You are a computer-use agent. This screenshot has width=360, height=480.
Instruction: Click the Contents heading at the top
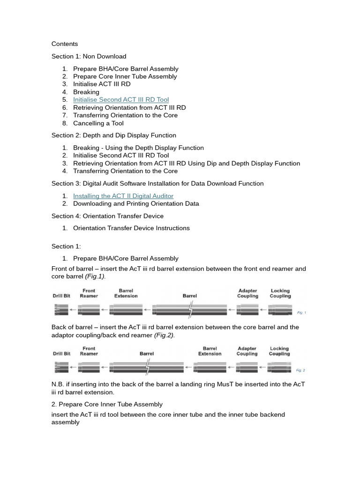(x=65, y=44)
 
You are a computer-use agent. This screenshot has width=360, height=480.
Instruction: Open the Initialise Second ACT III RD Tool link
(x=120, y=100)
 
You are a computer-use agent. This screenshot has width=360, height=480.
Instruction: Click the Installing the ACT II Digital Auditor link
(x=123, y=196)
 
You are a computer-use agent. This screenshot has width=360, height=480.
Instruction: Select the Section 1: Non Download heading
(x=89, y=56)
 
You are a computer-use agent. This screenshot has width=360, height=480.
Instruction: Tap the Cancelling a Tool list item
(x=98, y=123)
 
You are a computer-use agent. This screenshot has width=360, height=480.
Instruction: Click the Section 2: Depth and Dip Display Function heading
(x=113, y=135)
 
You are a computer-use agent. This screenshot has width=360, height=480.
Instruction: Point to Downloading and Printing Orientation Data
(x=135, y=204)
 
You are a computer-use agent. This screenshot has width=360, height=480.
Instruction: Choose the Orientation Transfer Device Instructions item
(x=131, y=228)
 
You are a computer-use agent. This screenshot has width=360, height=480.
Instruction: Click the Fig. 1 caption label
(x=301, y=312)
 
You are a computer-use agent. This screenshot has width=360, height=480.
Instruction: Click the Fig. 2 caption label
(x=300, y=370)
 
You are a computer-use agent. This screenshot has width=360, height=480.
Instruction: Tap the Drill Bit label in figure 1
(x=61, y=296)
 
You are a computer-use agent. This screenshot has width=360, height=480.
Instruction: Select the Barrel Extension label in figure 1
(x=126, y=293)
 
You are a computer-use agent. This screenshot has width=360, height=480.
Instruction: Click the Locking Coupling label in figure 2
(x=279, y=351)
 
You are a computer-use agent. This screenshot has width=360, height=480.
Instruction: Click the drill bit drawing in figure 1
(x=61, y=309)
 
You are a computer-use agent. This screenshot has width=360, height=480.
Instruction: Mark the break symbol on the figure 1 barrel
(x=190, y=309)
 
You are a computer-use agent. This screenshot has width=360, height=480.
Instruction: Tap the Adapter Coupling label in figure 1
(x=247, y=293)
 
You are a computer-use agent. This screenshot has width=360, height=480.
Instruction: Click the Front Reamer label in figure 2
(x=89, y=351)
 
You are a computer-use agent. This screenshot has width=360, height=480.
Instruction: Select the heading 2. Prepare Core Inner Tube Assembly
(x=107, y=404)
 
